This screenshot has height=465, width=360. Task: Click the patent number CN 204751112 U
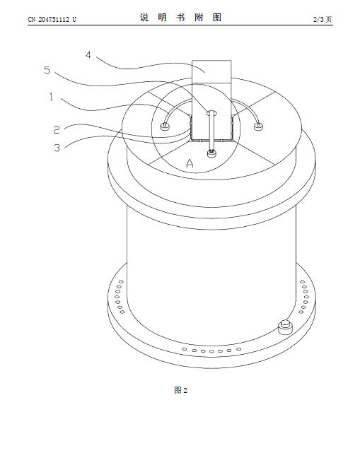(x=52, y=20)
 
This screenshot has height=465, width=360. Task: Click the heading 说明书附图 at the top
(x=181, y=18)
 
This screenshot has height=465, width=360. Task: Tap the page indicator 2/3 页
(x=323, y=20)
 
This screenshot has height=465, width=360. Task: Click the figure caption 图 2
(x=181, y=390)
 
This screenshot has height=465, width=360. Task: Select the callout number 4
(x=88, y=55)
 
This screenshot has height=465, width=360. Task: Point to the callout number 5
(x=47, y=70)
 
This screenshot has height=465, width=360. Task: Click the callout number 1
(x=52, y=97)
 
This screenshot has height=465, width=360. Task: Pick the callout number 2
(x=57, y=129)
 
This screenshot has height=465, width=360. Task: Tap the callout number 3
(x=57, y=148)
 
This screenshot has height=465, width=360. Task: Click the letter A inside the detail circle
(x=190, y=163)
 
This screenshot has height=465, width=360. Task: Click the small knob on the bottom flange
(x=286, y=326)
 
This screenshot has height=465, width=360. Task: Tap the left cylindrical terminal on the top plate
(x=164, y=126)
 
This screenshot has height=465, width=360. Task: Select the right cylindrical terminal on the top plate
(x=258, y=126)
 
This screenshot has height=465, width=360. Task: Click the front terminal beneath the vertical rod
(x=211, y=153)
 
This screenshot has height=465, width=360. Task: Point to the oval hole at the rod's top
(x=211, y=112)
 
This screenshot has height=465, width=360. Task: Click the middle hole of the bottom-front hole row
(x=211, y=351)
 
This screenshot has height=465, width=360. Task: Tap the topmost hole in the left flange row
(x=121, y=282)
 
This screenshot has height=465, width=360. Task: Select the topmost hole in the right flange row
(x=302, y=282)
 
